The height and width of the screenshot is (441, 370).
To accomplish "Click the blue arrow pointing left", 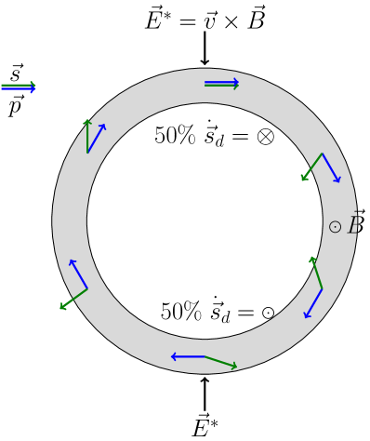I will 188,356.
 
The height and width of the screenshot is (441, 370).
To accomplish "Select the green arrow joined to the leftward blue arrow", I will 221,362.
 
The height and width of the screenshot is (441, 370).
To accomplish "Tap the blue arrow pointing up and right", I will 97,138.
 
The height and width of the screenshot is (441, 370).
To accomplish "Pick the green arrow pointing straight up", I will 87,136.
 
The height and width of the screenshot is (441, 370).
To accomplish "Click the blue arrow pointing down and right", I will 331,168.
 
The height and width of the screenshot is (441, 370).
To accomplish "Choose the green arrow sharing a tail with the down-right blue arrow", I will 311,167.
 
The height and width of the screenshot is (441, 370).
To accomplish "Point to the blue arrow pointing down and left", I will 313,303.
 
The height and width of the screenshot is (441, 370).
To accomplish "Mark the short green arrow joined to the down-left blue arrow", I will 316,273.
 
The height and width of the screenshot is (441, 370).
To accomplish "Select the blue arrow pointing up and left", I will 78,274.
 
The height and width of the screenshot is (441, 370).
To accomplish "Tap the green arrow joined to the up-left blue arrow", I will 73,299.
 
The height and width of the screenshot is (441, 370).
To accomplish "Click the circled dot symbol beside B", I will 335,227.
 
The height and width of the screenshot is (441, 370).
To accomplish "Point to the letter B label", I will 355,226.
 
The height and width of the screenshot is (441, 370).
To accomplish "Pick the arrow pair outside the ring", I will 19,87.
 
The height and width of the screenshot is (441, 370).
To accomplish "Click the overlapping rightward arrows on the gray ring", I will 221,84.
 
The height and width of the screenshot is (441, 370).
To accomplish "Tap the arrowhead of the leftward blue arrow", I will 172,356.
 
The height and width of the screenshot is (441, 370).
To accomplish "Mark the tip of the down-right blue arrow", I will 339,182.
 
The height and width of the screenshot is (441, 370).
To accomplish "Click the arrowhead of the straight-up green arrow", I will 87,120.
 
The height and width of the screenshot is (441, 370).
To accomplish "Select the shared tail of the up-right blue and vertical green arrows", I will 87,153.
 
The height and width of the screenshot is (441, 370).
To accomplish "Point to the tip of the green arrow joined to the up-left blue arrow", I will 60,309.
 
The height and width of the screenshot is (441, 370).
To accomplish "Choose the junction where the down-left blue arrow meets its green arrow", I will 322,288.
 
